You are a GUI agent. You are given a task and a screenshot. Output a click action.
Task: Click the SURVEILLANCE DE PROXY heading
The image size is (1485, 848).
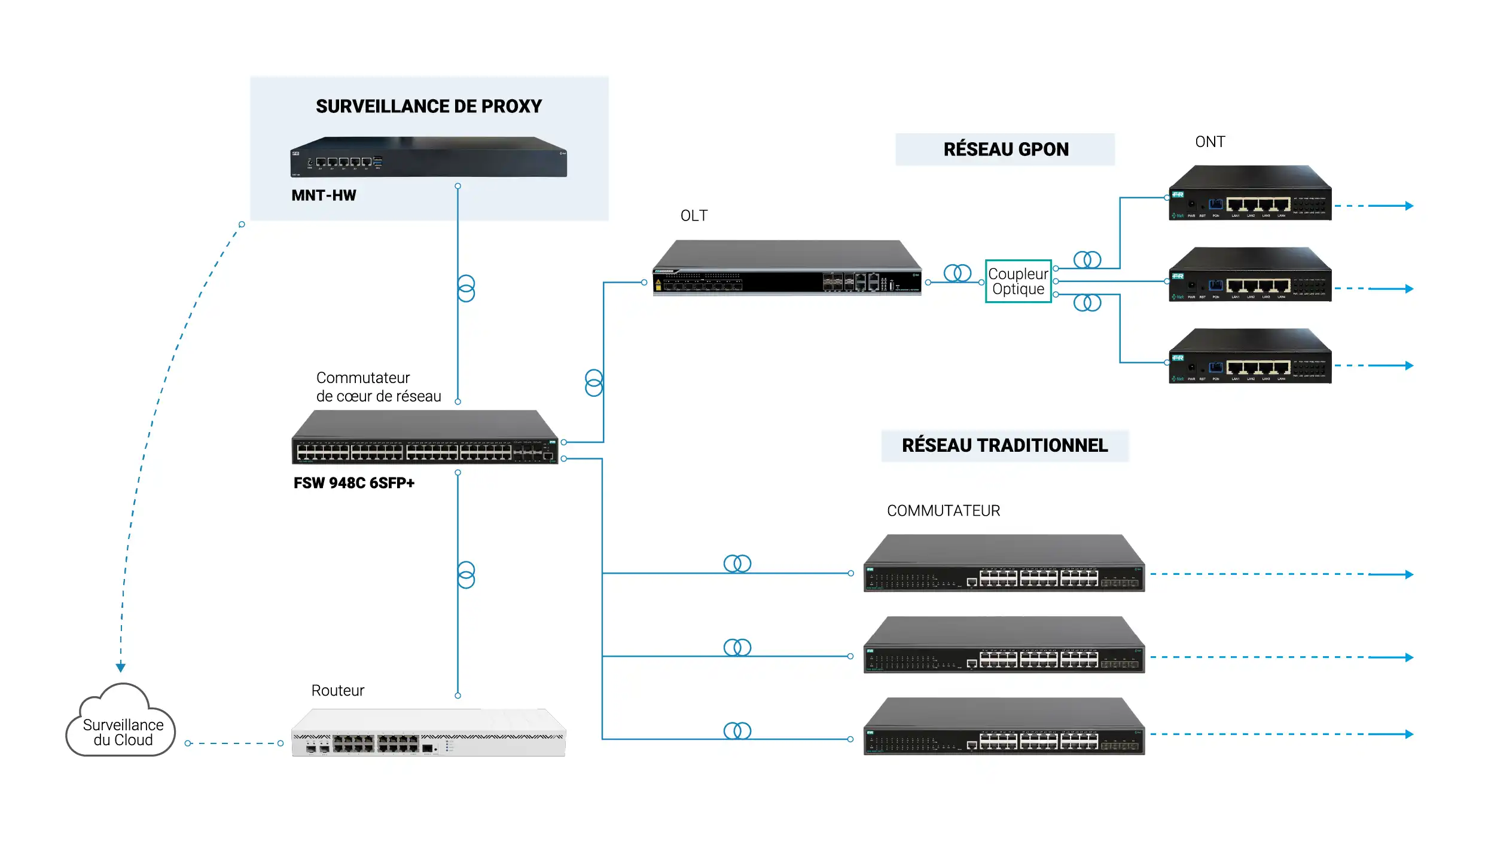click(x=428, y=106)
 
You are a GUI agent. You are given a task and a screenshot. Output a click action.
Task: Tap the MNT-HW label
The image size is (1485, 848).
click(x=324, y=195)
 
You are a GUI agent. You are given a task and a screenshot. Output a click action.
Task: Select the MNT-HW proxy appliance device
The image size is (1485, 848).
click(x=428, y=157)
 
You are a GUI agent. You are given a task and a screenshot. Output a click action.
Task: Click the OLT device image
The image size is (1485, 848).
click(x=786, y=268)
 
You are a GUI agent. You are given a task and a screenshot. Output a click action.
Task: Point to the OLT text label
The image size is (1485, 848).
click(x=694, y=216)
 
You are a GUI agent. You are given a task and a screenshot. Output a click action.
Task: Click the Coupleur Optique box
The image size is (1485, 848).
click(x=1018, y=281)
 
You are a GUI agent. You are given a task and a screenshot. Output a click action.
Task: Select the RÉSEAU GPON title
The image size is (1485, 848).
click(x=1005, y=149)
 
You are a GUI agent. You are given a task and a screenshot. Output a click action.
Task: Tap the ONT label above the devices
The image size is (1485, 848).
click(x=1209, y=142)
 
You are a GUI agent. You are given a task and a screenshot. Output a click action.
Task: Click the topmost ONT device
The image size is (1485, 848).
click(x=1250, y=194)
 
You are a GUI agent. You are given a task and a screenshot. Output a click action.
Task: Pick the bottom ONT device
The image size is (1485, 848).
click(x=1250, y=357)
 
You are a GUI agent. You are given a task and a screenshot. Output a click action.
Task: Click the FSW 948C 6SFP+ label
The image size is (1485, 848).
click(x=353, y=483)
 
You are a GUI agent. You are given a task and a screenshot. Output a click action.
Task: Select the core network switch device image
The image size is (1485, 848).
click(x=425, y=438)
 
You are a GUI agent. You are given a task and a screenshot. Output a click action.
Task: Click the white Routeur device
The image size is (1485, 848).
click(x=428, y=733)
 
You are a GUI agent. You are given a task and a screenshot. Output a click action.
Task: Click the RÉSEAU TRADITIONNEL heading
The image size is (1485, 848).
click(x=1004, y=446)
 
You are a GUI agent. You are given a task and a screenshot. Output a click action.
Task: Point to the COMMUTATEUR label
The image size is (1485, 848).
click(x=943, y=511)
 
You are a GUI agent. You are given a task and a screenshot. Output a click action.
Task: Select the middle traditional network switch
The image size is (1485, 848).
click(x=1004, y=645)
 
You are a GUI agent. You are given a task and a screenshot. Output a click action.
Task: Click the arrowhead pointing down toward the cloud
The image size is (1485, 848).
click(x=121, y=667)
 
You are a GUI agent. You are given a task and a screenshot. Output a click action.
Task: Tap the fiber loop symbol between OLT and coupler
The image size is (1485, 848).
click(x=957, y=273)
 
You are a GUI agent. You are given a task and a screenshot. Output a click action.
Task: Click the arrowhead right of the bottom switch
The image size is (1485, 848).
click(x=1409, y=734)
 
